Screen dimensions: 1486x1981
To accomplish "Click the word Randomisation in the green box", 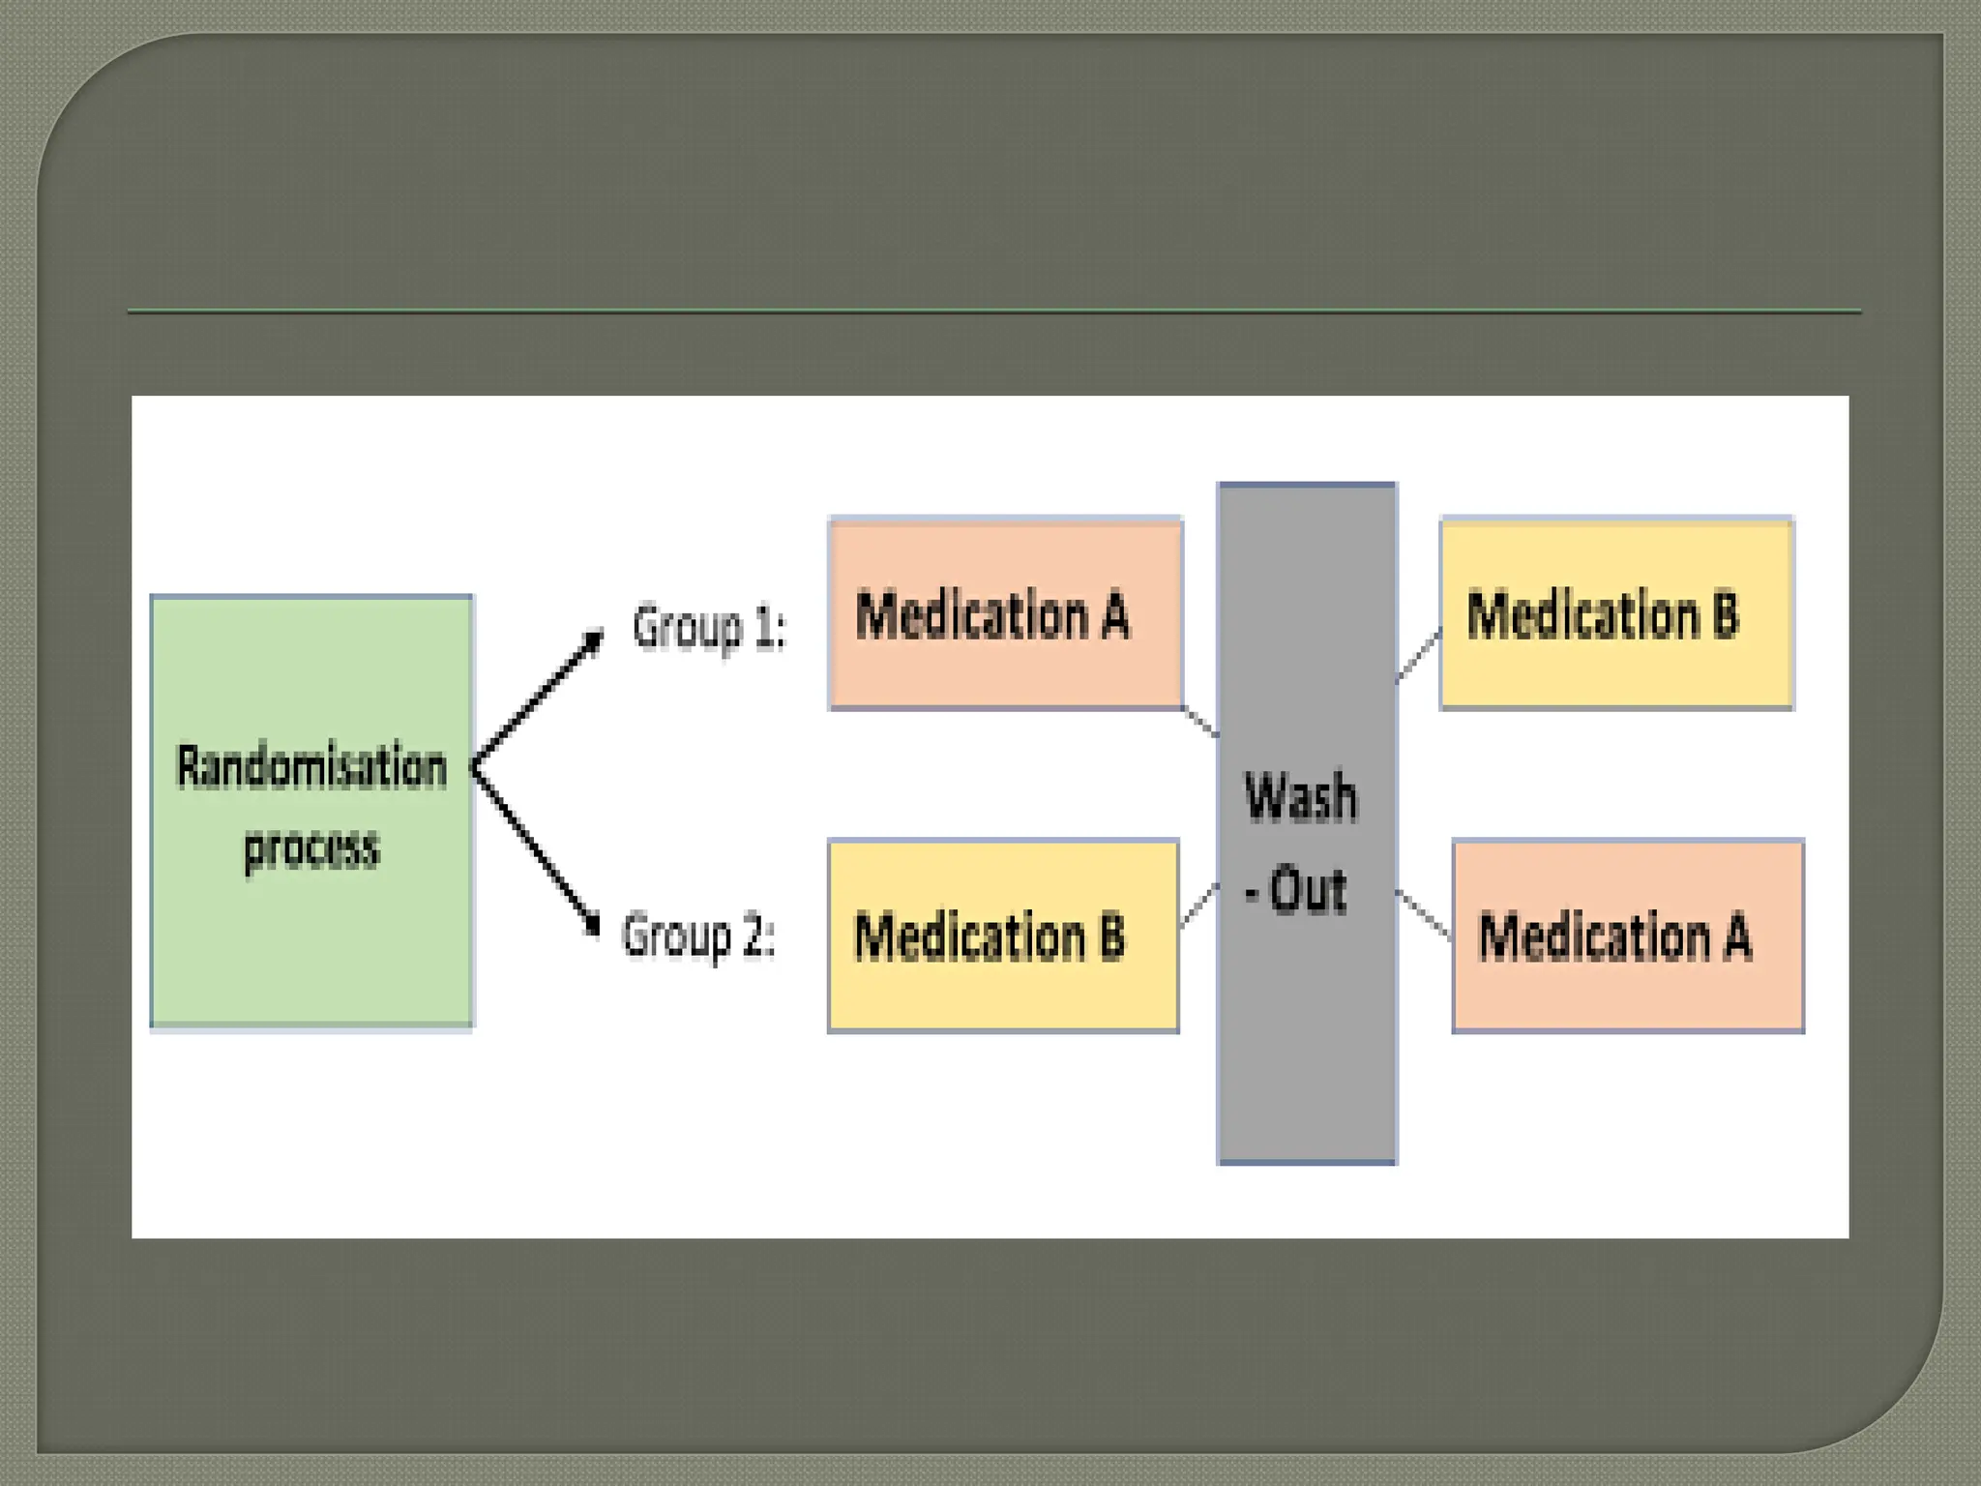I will (x=311, y=767).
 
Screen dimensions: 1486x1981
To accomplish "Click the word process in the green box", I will (x=311, y=848).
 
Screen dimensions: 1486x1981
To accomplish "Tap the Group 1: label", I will (x=709, y=627).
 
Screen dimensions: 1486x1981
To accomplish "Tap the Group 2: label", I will (x=698, y=936).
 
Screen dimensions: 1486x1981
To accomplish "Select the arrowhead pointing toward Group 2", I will (x=591, y=924).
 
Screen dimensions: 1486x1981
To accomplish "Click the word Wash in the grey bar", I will (x=1301, y=797).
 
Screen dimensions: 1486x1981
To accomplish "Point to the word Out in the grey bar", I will (x=1308, y=889).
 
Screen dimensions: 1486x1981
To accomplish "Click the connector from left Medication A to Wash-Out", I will (x=1200, y=722).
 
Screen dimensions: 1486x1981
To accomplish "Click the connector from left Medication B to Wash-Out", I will (x=1198, y=906).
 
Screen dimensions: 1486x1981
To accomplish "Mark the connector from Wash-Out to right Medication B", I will (x=1418, y=656).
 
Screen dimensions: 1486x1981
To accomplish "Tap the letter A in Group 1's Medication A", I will (x=1115, y=615).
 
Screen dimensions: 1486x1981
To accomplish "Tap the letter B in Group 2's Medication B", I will (x=1112, y=936).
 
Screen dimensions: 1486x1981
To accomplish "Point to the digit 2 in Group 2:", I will (x=754, y=936).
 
